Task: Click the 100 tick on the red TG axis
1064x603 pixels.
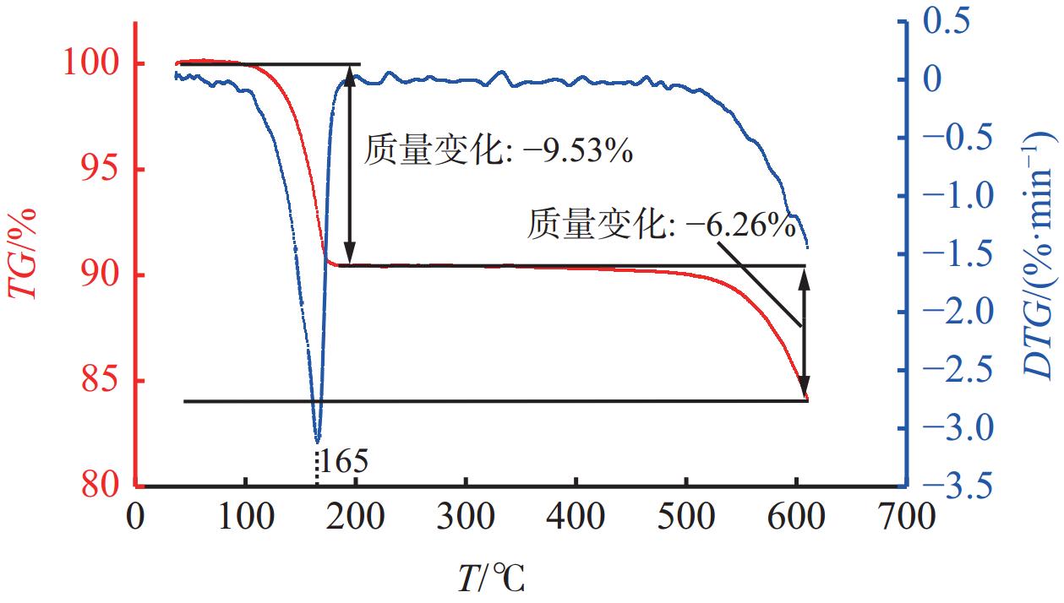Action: point(99,63)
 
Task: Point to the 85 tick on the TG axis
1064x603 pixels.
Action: point(99,381)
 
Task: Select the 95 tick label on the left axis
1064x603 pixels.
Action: point(99,169)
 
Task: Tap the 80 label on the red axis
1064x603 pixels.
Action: point(99,486)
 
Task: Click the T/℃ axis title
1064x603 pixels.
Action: point(491,579)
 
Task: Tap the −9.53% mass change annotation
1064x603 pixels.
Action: point(499,153)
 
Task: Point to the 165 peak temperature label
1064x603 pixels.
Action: point(342,461)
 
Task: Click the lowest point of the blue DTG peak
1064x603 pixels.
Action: point(317,440)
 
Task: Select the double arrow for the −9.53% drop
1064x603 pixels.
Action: point(350,165)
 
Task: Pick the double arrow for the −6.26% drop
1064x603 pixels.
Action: point(805,334)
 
